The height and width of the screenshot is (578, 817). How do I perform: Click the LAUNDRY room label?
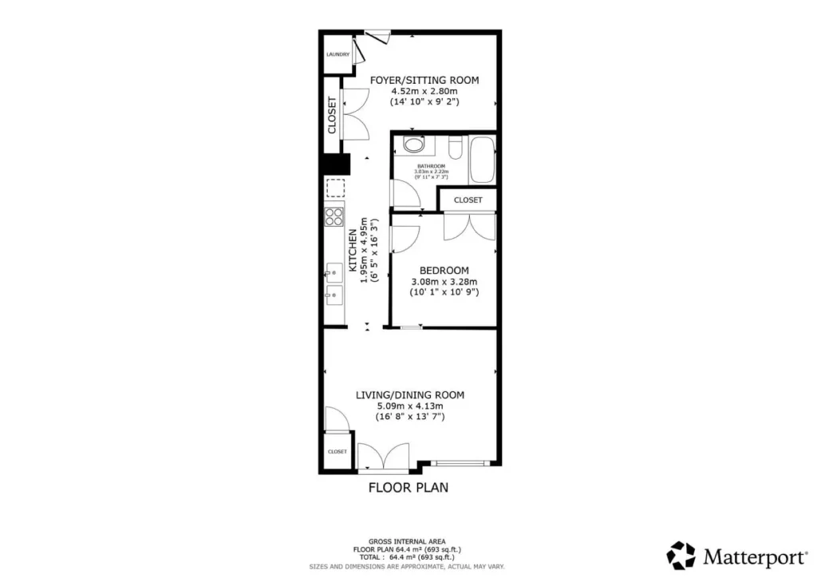point(337,54)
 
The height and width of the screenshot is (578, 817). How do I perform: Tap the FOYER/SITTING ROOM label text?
point(424,80)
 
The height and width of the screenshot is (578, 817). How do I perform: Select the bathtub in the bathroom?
point(482,160)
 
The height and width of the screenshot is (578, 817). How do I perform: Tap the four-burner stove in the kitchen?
point(334,217)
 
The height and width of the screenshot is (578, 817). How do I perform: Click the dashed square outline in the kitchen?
point(334,189)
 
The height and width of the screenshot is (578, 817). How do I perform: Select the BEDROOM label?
point(444,271)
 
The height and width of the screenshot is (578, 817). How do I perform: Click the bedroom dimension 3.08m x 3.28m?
point(444,282)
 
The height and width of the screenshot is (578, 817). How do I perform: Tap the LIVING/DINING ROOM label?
point(410,394)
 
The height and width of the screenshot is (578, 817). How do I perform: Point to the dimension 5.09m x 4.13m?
point(410,406)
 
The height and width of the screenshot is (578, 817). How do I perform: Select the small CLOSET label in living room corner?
point(337,452)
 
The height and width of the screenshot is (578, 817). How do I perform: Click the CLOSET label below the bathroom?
point(468,200)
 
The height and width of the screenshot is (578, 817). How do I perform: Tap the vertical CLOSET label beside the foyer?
point(332,115)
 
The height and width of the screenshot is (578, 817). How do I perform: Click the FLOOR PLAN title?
point(408,487)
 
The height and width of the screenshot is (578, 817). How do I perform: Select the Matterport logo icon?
point(681,555)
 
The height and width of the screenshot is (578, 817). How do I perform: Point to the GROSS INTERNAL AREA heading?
point(408,541)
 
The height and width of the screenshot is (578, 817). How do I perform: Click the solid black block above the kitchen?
point(335,164)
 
